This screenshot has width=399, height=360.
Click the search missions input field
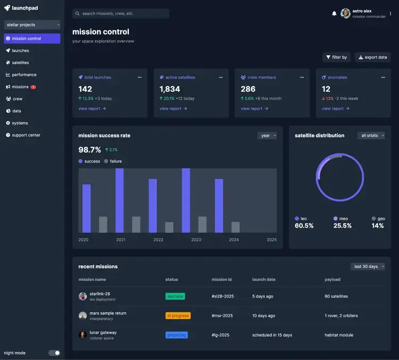[x=121, y=13]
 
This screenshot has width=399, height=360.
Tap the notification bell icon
[x=334, y=13]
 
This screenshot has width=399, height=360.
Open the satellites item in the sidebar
[x=20, y=63]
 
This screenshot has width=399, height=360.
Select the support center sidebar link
[x=26, y=135]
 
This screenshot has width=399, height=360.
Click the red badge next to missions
[x=34, y=87]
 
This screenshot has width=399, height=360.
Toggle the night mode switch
[x=54, y=353]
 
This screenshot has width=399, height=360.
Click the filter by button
[x=336, y=57]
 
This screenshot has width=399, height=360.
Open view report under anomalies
[x=335, y=108]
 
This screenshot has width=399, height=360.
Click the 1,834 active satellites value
[x=170, y=89]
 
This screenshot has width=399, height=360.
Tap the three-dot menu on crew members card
[x=302, y=77]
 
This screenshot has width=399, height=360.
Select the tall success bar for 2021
[x=120, y=200]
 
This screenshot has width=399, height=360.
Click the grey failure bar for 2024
[x=235, y=227]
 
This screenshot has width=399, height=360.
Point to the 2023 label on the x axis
[x=196, y=240]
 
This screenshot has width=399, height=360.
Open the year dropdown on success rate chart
[x=267, y=136]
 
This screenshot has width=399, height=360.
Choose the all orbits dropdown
[x=371, y=136]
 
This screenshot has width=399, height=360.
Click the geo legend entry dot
[x=373, y=219]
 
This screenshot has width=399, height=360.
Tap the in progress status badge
[x=178, y=315]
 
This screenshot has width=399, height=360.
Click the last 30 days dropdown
[x=368, y=266]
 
